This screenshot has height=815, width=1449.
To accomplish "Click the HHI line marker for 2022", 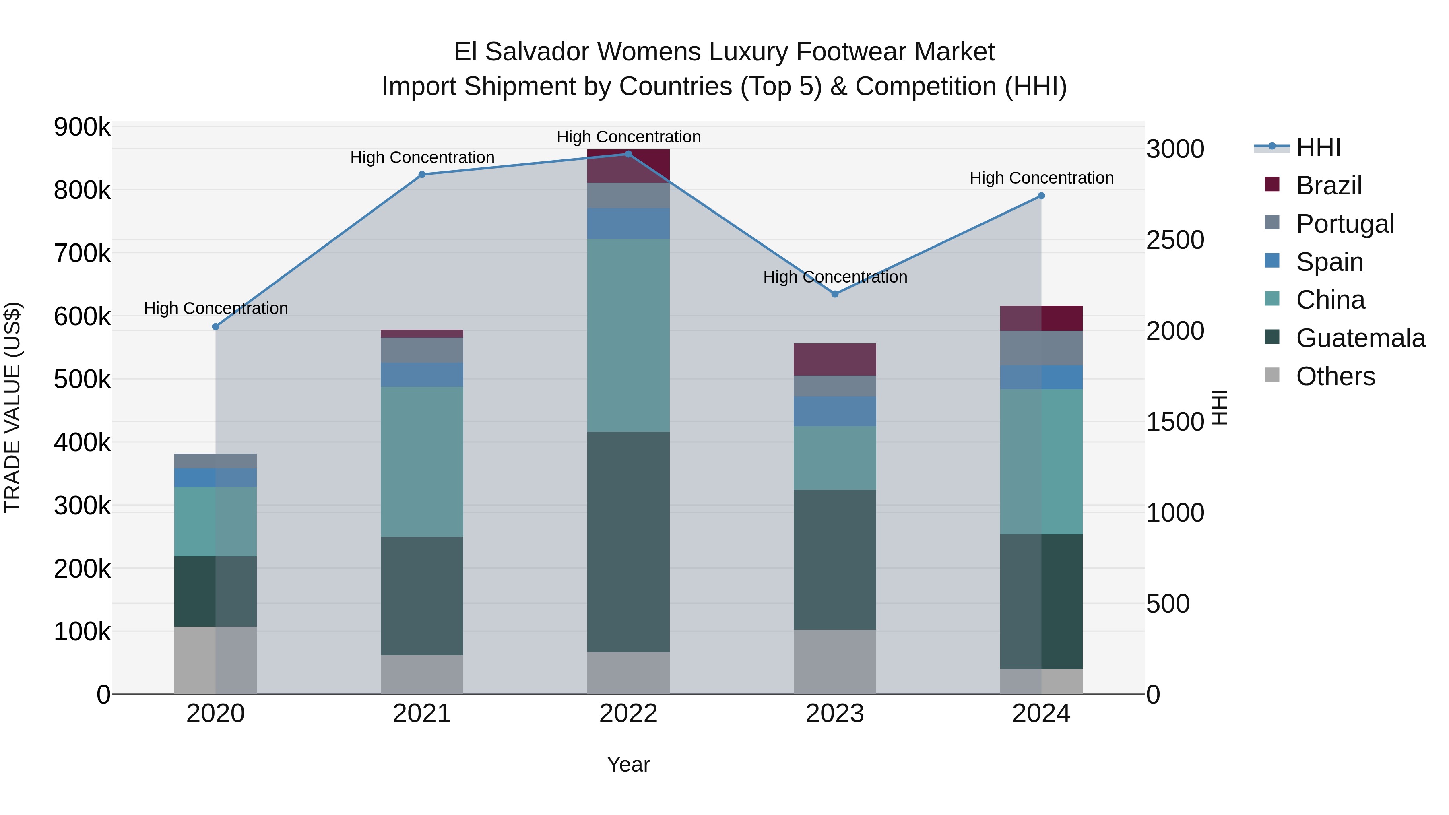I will coord(628,154).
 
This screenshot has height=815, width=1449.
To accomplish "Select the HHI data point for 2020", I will coord(215,327).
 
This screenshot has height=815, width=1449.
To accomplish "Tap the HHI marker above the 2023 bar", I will coord(835,294).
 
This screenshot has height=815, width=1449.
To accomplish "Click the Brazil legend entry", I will coord(1328,186).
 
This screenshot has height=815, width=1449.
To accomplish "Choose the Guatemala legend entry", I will coord(1360,338).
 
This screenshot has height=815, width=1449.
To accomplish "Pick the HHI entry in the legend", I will coord(1318,147).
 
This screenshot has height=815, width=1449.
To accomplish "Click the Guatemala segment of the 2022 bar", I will coord(628,542).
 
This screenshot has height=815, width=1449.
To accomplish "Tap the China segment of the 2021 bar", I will coord(422,461).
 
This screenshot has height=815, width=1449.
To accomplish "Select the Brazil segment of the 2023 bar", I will coord(835,359).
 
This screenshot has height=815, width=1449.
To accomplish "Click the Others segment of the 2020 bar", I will coord(215,660).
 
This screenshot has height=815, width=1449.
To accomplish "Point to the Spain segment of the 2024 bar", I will coord(1041,378).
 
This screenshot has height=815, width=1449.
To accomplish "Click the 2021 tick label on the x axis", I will coord(422,714).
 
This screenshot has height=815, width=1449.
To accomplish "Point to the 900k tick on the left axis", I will coord(82,127).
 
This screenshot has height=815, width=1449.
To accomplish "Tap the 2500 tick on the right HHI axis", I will coord(1175,240).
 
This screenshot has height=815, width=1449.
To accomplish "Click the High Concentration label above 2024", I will coord(1041,178).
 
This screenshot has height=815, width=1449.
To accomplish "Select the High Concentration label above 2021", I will coord(422,157).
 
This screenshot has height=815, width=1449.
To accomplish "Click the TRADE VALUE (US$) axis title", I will coord(12,407).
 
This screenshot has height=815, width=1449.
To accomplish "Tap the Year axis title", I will coord(628,764).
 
